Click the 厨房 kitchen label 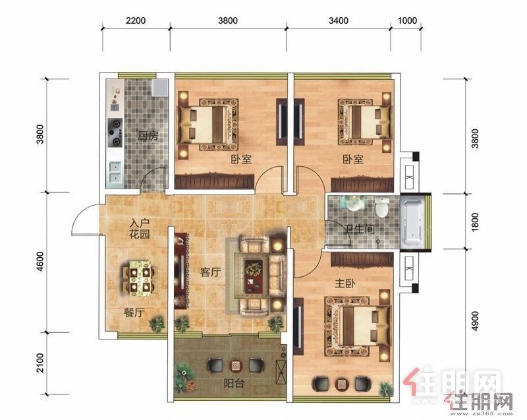click(148, 136)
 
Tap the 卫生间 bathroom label click(359, 229)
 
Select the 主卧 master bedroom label click(345, 284)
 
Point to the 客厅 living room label click(210, 272)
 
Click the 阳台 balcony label click(234, 382)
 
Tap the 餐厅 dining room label click(134, 313)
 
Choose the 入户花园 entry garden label click(140, 228)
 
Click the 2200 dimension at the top click(136, 20)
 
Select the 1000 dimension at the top click(407, 20)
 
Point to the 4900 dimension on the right click(474, 321)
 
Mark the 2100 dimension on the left click(40, 363)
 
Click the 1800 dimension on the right click(474, 222)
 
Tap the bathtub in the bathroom click(413, 222)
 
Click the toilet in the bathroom click(382, 207)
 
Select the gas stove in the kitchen click(115, 133)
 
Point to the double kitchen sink click(115, 174)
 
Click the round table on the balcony click(236, 365)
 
